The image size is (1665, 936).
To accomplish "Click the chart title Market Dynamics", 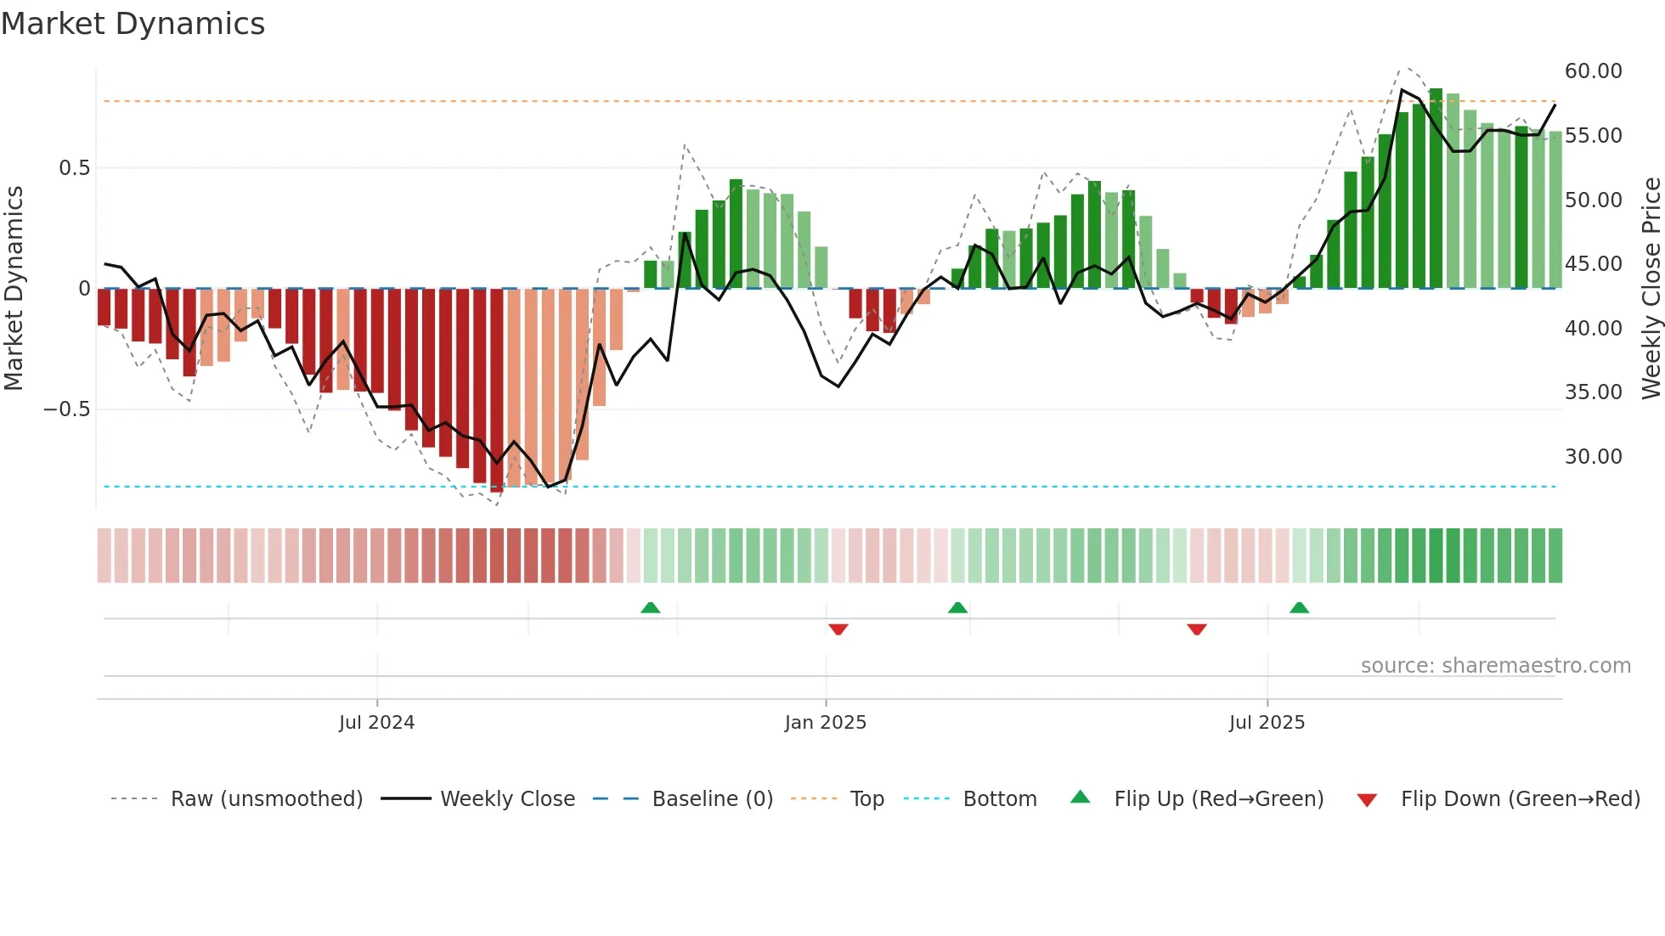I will pos(133,24).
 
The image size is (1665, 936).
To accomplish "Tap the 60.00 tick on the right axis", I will pos(1593,71).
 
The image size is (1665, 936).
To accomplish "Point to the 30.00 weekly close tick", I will pos(1593,457).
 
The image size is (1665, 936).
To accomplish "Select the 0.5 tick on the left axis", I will pos(74,168).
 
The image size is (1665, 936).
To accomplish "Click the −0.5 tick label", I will pos(67,409).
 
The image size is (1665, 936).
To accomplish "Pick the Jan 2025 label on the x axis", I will pos(825,723).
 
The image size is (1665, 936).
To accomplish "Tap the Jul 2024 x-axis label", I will pos(376,723).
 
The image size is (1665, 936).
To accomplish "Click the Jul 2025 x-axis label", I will pos(1267,723).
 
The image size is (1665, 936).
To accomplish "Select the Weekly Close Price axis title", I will pos(1651,289).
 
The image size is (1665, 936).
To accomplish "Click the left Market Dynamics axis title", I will pos(14,289).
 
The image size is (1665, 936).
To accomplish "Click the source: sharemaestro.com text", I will pos(1495,666).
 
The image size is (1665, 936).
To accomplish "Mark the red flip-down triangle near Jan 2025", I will pos(838,629).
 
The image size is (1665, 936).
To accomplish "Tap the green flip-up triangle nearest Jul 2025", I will pos(1299,607).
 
